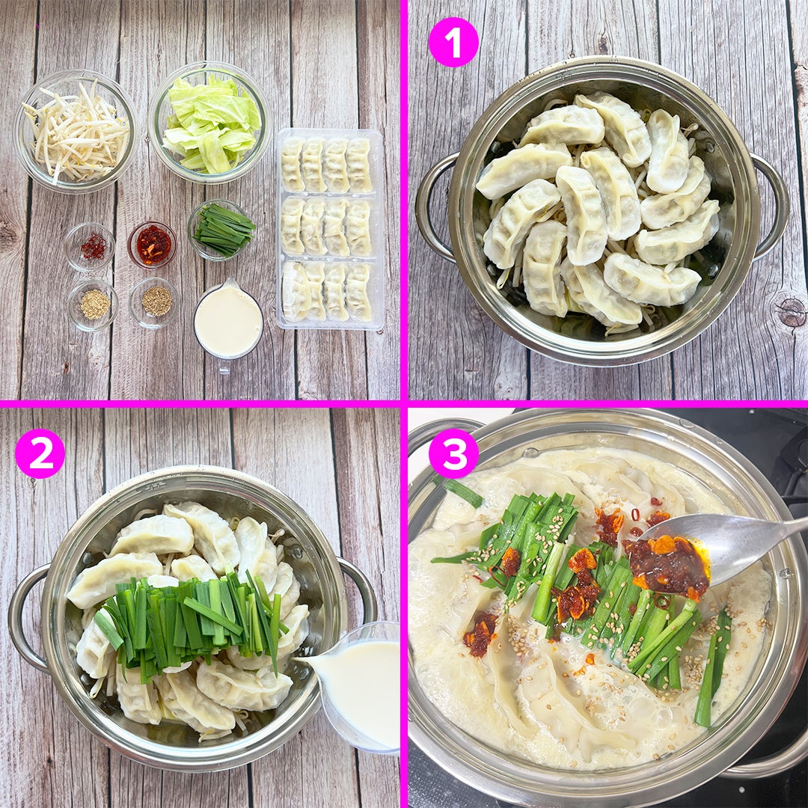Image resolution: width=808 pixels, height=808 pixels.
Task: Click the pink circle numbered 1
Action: click(x=453, y=42)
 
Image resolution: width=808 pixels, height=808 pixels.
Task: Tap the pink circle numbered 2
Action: click(x=40, y=453)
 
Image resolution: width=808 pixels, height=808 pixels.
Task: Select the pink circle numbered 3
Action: click(x=453, y=453)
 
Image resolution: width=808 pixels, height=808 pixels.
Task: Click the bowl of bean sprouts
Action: click(x=76, y=132)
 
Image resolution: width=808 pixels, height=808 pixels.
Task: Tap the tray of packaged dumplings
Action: click(x=330, y=229)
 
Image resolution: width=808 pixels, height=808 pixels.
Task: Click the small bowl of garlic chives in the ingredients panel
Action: click(x=221, y=230)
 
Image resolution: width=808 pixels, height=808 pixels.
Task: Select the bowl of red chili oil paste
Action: click(x=152, y=245)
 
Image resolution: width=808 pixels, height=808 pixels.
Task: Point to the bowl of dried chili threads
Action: click(x=91, y=247)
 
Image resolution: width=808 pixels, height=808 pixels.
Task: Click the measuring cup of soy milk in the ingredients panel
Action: click(x=228, y=322)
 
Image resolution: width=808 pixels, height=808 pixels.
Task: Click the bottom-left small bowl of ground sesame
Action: click(x=93, y=304)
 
